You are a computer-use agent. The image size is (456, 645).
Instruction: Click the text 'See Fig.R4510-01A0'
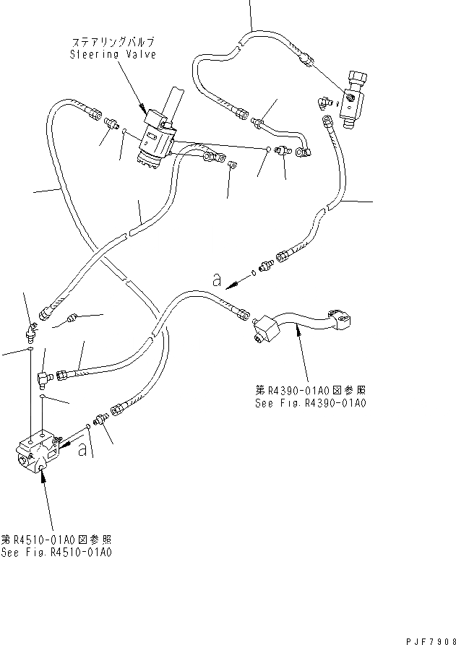pos(57,553)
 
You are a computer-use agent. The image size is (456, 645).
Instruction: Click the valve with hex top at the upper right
pos(356,97)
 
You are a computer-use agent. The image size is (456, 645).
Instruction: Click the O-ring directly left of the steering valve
pos(124,131)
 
